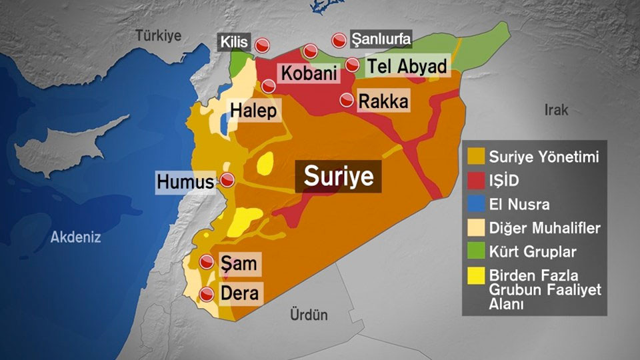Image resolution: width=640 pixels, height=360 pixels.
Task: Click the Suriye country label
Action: (339, 176)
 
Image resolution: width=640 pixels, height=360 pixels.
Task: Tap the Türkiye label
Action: (159, 36)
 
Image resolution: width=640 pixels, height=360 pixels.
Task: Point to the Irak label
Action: (556, 110)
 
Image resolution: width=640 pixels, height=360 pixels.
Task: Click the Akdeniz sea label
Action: (75, 236)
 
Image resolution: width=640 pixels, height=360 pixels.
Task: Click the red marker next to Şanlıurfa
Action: (339, 40)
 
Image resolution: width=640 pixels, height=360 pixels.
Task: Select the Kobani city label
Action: (309, 73)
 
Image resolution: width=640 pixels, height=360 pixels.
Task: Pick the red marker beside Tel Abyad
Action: (353, 65)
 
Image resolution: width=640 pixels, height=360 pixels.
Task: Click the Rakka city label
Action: (383, 102)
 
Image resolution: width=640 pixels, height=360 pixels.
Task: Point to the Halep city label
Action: (253, 111)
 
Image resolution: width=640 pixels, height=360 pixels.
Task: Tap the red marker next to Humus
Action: (227, 181)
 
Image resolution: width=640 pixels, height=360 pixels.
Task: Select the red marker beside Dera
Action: (207, 293)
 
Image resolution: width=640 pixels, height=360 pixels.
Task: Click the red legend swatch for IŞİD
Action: (476, 181)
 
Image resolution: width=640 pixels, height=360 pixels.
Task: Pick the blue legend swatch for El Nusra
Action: (476, 204)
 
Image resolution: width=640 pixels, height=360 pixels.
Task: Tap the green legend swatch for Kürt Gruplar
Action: (476, 251)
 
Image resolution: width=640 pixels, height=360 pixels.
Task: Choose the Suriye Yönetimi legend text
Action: (544, 157)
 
